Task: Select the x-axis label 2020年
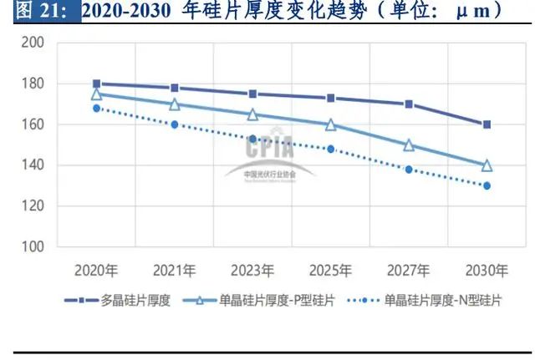coord(96,270)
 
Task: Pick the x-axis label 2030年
coord(487,270)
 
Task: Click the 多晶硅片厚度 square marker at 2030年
coord(487,124)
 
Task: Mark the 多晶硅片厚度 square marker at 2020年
coord(96,84)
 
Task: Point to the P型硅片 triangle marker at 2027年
coord(409,145)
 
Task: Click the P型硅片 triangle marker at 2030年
coord(487,165)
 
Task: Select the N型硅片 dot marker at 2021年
coord(174,124)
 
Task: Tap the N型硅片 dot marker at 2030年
coord(487,185)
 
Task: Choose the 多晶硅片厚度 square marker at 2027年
coord(409,104)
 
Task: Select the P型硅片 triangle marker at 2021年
coord(174,104)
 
